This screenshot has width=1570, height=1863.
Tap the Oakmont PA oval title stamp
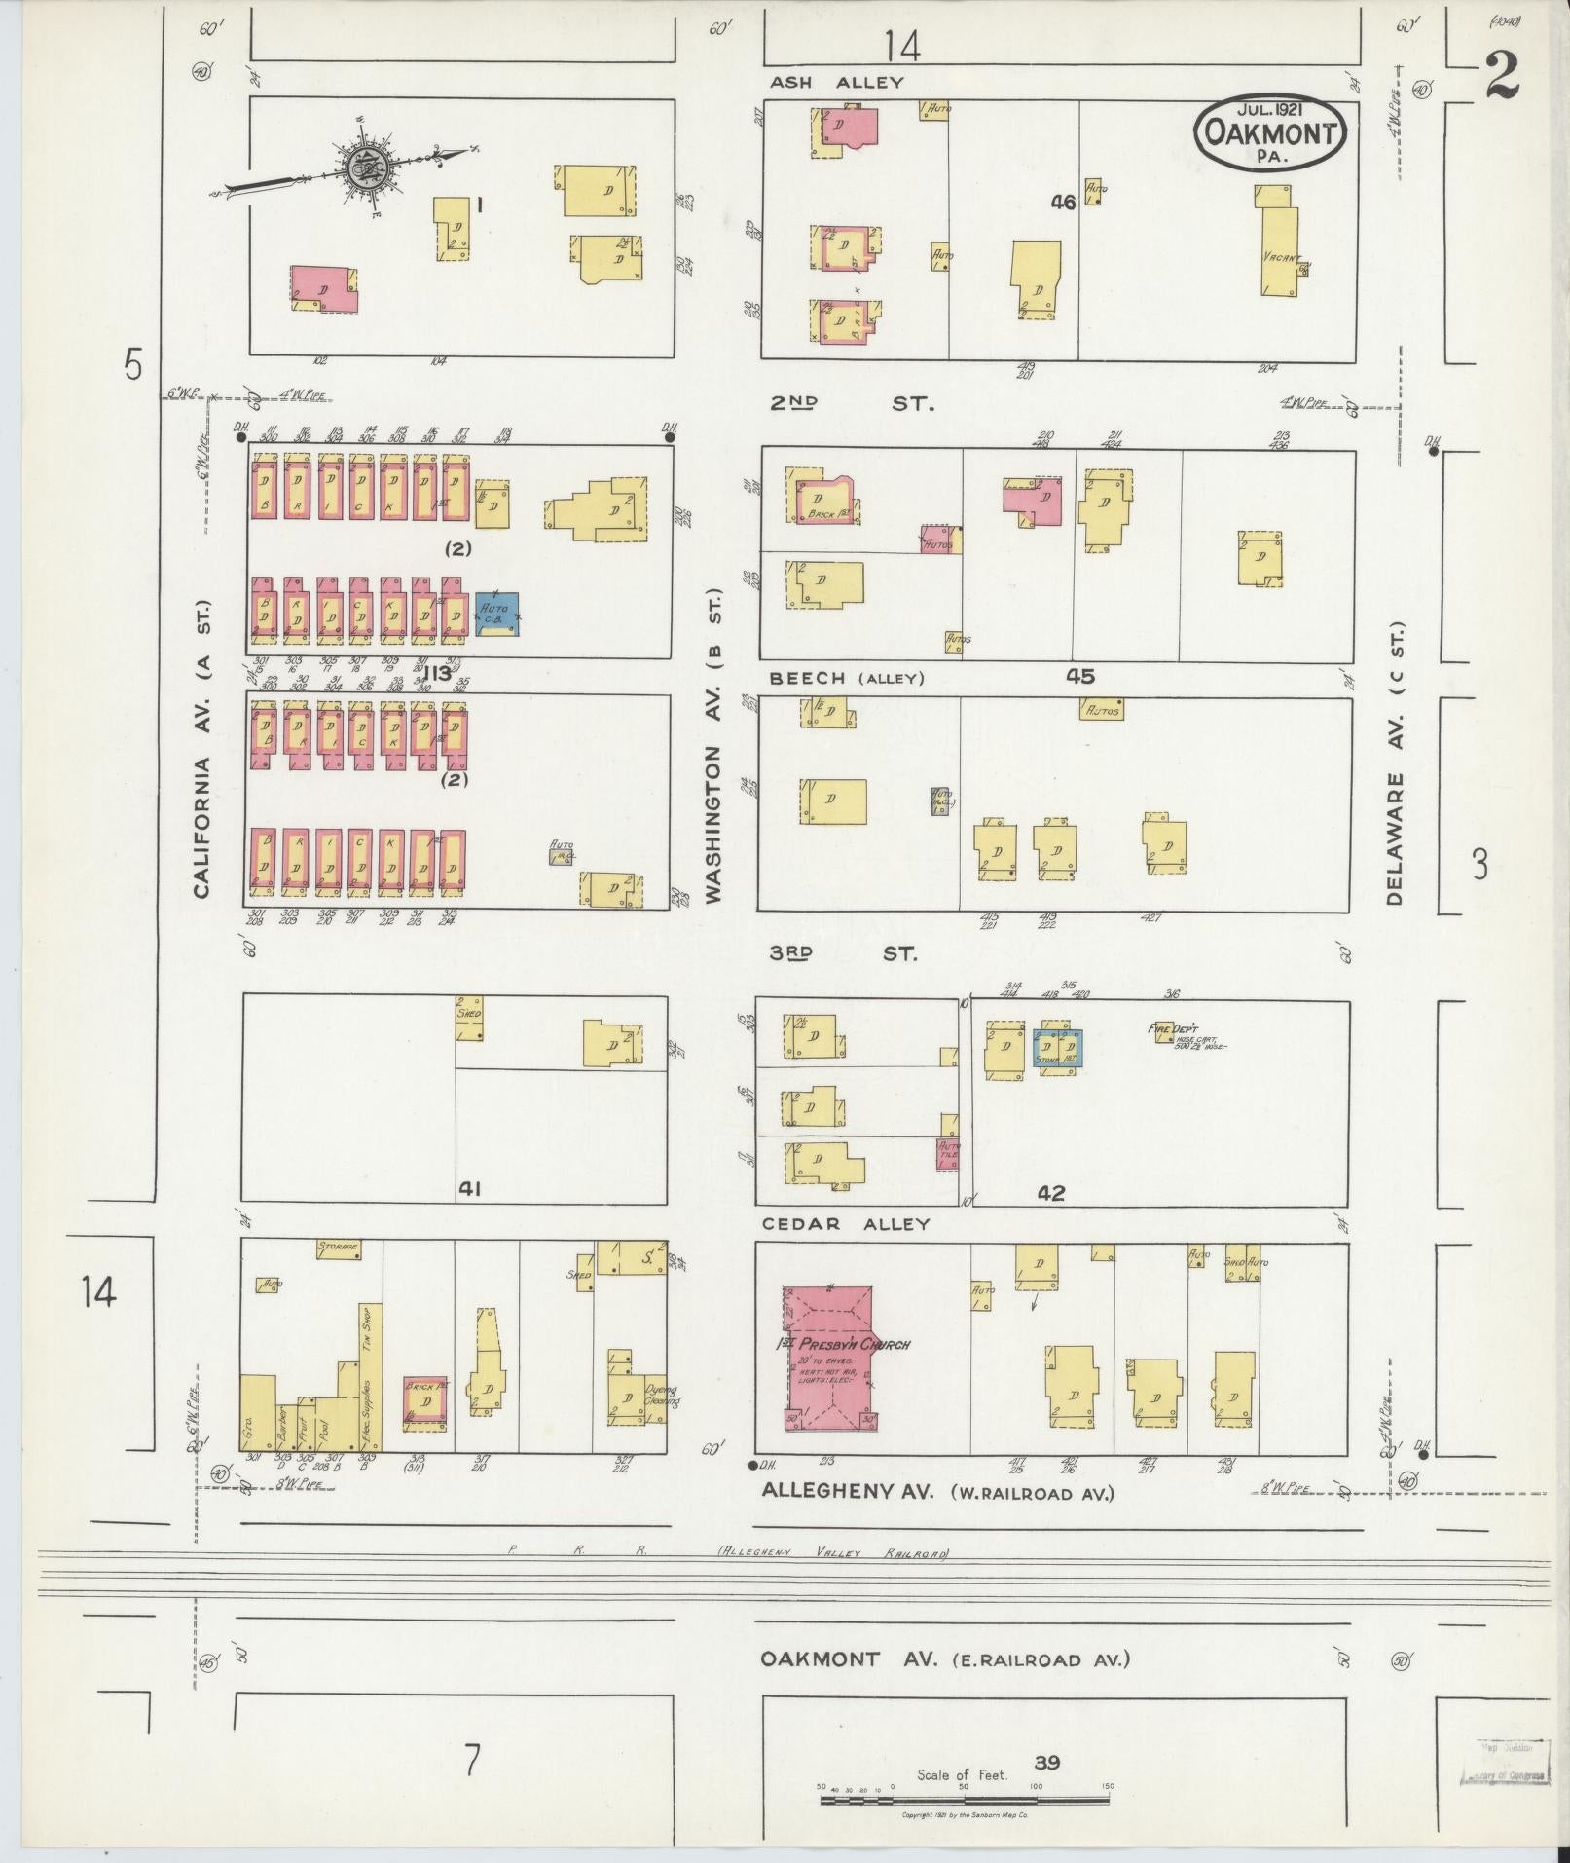[1270, 130]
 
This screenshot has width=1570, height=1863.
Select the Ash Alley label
[836, 83]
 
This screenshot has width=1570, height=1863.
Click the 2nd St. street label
[852, 402]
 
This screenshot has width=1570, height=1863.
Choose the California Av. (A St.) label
[202, 748]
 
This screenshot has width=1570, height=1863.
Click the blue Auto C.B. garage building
[496, 615]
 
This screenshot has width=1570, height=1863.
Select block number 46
[1063, 203]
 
